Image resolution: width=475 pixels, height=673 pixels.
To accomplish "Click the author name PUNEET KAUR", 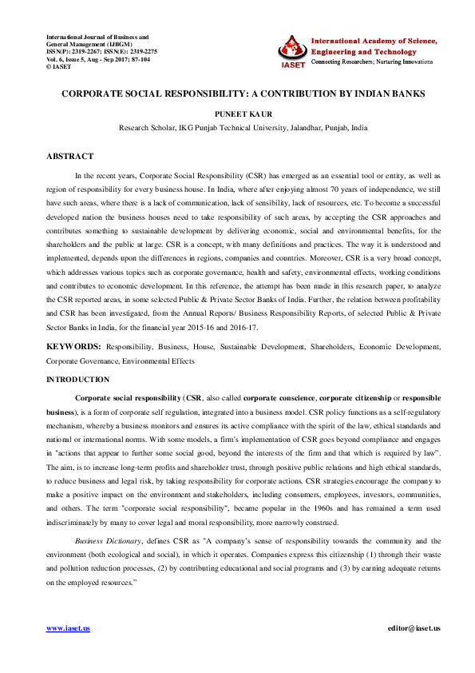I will (x=237, y=113).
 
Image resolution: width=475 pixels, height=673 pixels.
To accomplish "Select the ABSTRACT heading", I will (x=69, y=157).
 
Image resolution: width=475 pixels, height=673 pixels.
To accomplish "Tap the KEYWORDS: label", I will (x=73, y=348).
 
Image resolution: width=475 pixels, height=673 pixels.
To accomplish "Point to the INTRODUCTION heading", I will (x=78, y=379).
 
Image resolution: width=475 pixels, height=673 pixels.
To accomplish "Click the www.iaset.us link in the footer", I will (x=68, y=628).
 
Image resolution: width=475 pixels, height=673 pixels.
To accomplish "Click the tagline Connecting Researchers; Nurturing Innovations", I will (x=372, y=61).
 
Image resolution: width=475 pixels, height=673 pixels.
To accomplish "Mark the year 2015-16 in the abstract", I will (x=350, y=329).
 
